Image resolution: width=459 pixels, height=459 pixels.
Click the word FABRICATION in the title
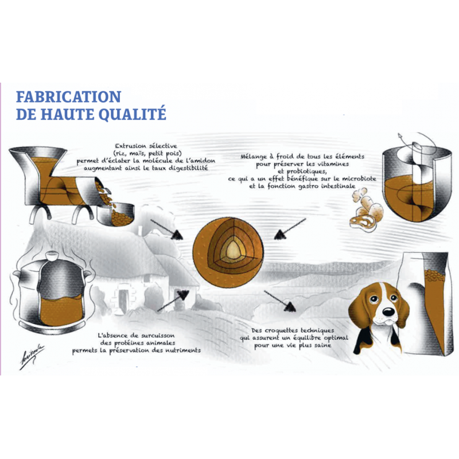(x=68, y=96)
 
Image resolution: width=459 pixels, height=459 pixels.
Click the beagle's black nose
(x=388, y=312)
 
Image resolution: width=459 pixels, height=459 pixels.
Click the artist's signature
(x=32, y=356)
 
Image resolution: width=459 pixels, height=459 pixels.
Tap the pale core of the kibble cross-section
(x=234, y=250)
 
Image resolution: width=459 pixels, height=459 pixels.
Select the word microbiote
(x=359, y=178)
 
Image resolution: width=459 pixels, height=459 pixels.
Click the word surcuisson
(x=158, y=336)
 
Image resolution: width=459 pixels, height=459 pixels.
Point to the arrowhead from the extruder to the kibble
(x=177, y=235)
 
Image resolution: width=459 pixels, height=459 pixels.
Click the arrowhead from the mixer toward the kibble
(x=279, y=235)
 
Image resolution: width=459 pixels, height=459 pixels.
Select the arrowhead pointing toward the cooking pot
(x=183, y=295)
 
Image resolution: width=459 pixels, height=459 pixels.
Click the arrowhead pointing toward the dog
(x=290, y=306)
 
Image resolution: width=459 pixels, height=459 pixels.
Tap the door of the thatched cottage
(x=123, y=300)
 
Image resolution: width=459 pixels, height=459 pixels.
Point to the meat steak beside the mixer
(x=363, y=223)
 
